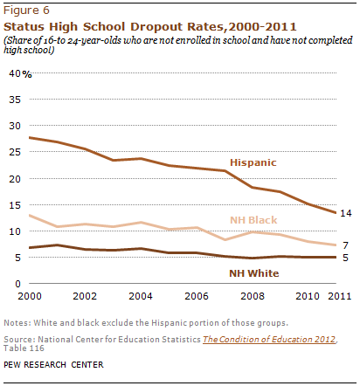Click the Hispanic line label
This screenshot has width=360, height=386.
click(x=253, y=162)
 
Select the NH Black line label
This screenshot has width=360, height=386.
click(x=253, y=220)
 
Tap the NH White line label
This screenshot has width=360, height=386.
click(x=254, y=273)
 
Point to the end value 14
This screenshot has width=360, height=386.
click(x=346, y=213)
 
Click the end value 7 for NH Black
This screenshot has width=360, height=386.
click(x=345, y=245)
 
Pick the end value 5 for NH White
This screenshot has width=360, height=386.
click(x=345, y=258)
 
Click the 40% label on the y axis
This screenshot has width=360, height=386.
click(x=20, y=73)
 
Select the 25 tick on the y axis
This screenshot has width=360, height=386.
click(x=15, y=152)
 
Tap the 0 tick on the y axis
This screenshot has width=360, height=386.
click(x=18, y=284)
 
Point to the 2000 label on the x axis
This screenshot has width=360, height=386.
click(x=30, y=296)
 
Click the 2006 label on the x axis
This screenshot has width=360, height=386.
click(x=197, y=296)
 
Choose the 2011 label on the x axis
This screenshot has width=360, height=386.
click(x=340, y=296)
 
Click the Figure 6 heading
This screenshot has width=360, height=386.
click(x=26, y=10)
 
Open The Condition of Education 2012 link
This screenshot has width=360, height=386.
click(x=269, y=340)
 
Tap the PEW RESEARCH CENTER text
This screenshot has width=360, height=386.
click(x=53, y=365)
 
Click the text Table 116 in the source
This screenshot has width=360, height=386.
click(x=24, y=348)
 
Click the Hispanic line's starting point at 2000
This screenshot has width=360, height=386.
click(x=30, y=137)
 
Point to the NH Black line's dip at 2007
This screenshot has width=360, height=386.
click(x=225, y=239)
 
